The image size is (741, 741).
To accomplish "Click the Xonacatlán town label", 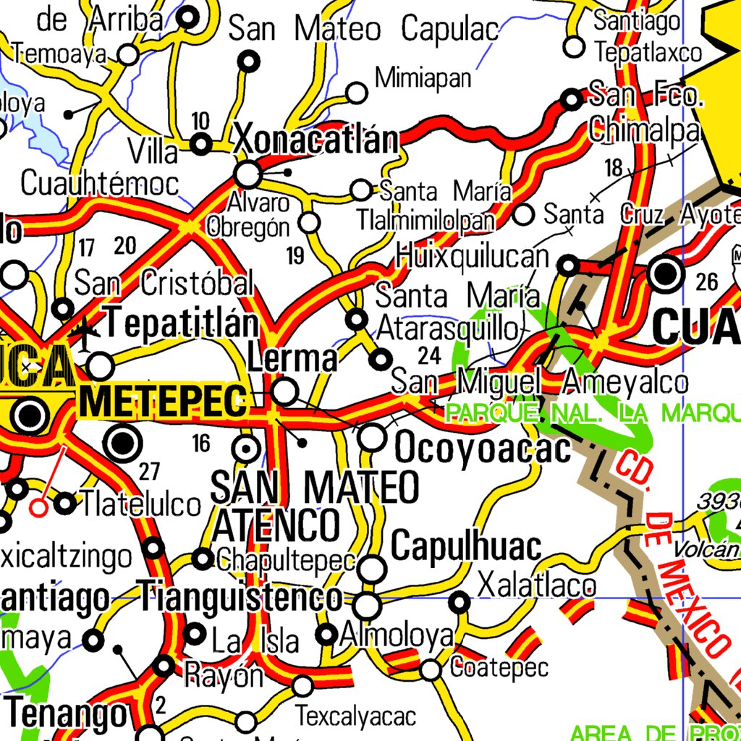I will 316,140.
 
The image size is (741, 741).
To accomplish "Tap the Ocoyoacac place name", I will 483,449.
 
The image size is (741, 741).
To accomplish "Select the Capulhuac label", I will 466,546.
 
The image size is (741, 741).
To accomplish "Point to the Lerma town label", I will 292,358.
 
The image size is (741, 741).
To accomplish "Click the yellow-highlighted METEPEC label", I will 164,402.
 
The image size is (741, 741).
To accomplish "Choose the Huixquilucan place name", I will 473,256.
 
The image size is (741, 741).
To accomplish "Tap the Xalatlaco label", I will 537,585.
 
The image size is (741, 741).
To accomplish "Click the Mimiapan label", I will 423,77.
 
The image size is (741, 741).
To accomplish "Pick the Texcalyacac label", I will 355,716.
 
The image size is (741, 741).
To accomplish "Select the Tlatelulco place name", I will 140,504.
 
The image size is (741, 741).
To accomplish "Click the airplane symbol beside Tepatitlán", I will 87,334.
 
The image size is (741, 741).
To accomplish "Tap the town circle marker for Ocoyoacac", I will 373,436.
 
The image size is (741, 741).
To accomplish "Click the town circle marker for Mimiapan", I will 357,93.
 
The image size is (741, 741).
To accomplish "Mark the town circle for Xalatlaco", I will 460,601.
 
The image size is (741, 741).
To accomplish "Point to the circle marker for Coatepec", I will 431,670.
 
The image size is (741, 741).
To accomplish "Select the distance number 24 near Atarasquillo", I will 429,355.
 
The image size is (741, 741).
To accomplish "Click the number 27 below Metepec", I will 149,472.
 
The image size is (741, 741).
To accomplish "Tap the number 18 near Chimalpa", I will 614,169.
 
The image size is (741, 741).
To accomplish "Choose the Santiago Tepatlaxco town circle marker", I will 574,47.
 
